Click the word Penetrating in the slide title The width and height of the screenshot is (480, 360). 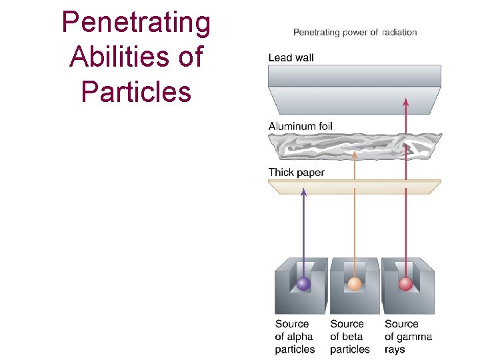136,23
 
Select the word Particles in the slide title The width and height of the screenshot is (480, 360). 136,91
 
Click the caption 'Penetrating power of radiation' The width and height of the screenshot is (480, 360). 355,32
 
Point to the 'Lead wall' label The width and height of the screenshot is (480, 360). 291,58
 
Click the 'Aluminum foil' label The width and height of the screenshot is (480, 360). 300,126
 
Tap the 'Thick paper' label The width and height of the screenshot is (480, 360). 296,173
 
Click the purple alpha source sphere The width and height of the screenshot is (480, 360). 303,284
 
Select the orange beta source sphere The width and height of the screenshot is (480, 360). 355,284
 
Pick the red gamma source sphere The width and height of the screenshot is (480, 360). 405,284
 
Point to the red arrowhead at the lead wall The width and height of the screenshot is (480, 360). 405,101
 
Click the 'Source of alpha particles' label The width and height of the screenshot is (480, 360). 295,337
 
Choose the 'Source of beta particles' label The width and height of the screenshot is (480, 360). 349,337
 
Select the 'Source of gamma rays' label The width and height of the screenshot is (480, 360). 408,337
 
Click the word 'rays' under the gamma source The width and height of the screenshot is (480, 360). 395,349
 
